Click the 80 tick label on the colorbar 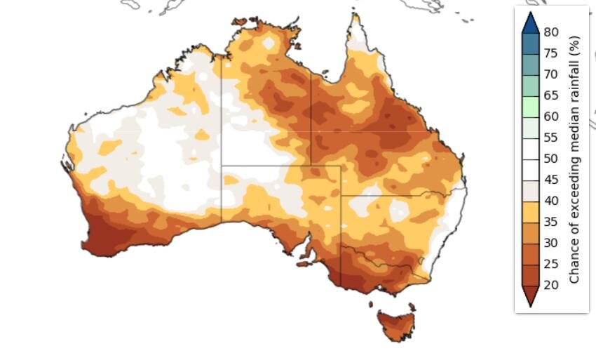[x=551, y=32]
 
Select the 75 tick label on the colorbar [x=551, y=53]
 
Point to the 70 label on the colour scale [x=551, y=74]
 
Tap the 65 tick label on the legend [x=551, y=95]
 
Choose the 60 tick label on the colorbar [x=551, y=116]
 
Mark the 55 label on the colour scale [x=551, y=137]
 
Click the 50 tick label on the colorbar [x=551, y=158]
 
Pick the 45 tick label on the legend [x=551, y=179]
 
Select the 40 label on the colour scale [x=551, y=200]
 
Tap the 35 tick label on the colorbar [x=551, y=221]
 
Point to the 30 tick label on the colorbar [x=551, y=242]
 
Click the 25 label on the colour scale [x=551, y=263]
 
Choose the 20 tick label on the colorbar [x=551, y=284]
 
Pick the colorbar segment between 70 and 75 [x=530, y=64]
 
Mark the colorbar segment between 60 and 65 [x=530, y=106]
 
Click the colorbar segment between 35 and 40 [x=530, y=211]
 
